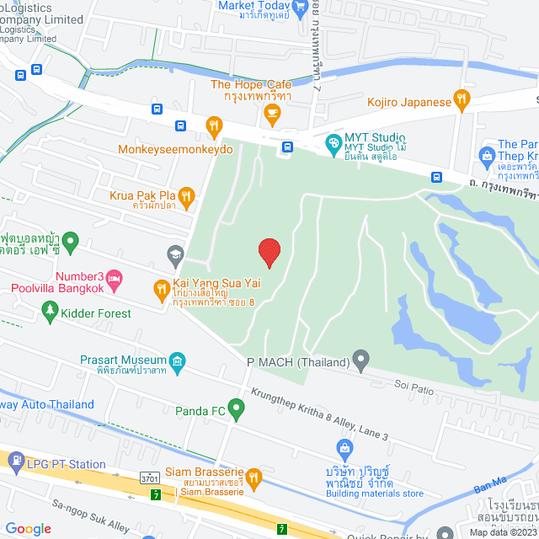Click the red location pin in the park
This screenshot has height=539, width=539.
(x=269, y=252)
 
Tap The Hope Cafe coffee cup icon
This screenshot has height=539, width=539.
(x=271, y=113)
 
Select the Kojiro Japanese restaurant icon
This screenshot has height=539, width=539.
(x=462, y=102)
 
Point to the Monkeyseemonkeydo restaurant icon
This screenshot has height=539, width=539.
(x=214, y=127)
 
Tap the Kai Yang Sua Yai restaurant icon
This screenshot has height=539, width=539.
(x=161, y=291)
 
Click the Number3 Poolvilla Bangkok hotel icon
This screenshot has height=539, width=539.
(x=115, y=276)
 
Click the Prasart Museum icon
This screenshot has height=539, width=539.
(x=177, y=365)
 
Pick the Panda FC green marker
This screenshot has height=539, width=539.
(x=237, y=411)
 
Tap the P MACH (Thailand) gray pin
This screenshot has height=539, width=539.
(x=361, y=362)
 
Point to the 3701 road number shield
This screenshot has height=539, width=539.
(x=151, y=478)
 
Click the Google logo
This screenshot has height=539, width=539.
(x=28, y=528)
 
